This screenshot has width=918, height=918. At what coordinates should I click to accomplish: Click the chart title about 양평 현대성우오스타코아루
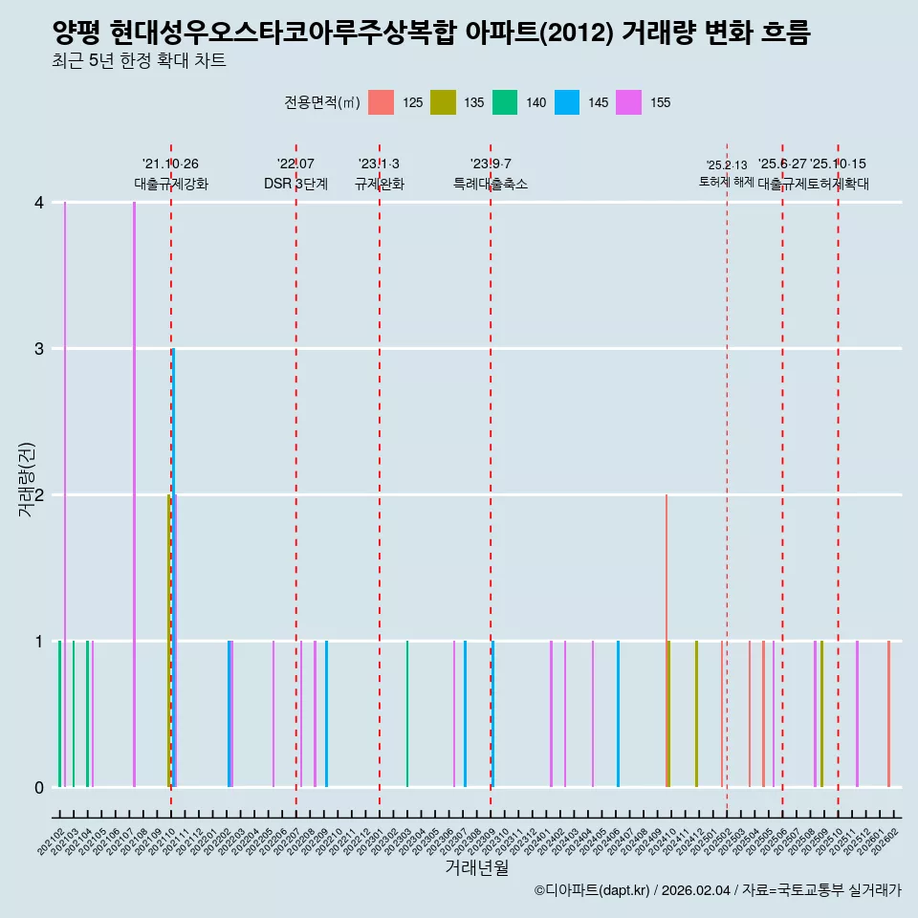point(431,33)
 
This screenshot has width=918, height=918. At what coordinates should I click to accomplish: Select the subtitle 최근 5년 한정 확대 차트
point(139,62)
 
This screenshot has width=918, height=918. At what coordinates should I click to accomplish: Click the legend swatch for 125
point(382,102)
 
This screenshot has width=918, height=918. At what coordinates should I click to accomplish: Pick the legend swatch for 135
point(443,102)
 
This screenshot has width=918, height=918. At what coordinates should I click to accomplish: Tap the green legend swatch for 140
point(505,102)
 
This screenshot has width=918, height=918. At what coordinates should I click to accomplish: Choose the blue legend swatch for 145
point(567,102)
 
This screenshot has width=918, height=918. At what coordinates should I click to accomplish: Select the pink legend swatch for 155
point(628,102)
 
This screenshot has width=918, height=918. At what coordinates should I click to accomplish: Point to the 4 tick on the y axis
point(39,202)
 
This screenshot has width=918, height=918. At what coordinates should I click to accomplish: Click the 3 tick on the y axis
point(39,348)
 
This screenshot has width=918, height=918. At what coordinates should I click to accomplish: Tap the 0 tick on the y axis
point(39,787)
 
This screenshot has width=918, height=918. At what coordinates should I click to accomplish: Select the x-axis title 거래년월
point(476,867)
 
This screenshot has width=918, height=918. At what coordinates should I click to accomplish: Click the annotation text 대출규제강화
point(170,184)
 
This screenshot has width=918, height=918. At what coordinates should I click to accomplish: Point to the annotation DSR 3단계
point(295,184)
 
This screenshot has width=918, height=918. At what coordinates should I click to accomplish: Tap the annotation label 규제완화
point(380,184)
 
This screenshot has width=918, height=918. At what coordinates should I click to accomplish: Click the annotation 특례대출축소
point(491,184)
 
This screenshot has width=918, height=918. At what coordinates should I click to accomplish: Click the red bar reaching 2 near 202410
point(667,641)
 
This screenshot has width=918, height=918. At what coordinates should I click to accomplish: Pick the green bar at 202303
point(407,714)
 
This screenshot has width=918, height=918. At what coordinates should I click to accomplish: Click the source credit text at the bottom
point(717,890)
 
